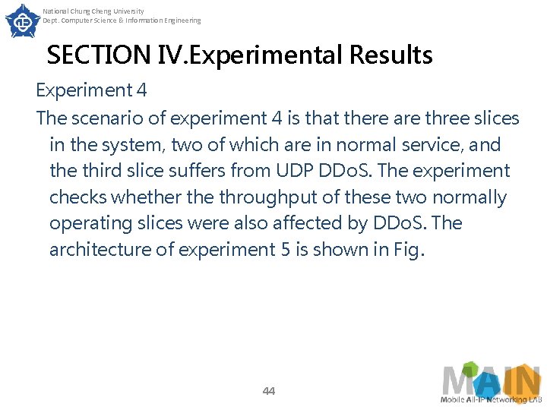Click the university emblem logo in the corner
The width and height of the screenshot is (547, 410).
click(x=22, y=20)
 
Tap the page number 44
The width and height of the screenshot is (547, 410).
click(x=268, y=391)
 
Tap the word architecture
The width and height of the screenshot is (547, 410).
click(x=101, y=250)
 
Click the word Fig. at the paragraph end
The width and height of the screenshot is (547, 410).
click(x=405, y=250)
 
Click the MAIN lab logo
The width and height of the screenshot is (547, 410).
click(x=491, y=385)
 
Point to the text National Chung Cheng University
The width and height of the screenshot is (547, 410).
click(x=93, y=11)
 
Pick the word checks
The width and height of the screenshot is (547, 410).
click(x=78, y=197)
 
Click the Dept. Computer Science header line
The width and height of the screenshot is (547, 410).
click(x=122, y=20)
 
